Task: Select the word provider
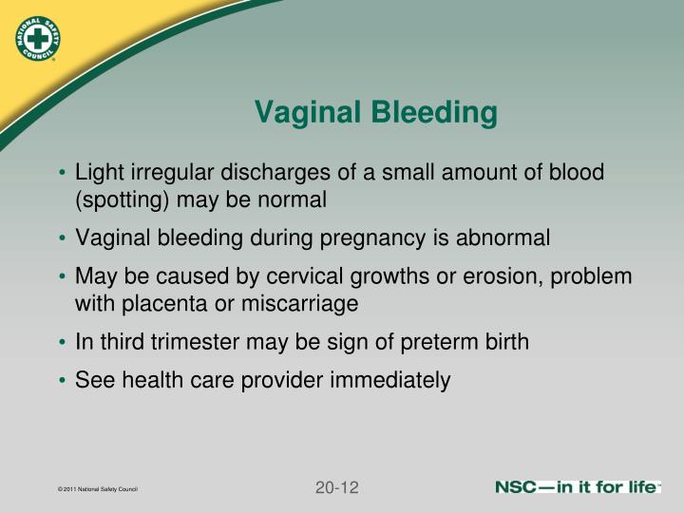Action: click(x=285, y=380)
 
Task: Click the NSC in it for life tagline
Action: click(x=576, y=487)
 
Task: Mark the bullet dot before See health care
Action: click(x=62, y=381)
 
